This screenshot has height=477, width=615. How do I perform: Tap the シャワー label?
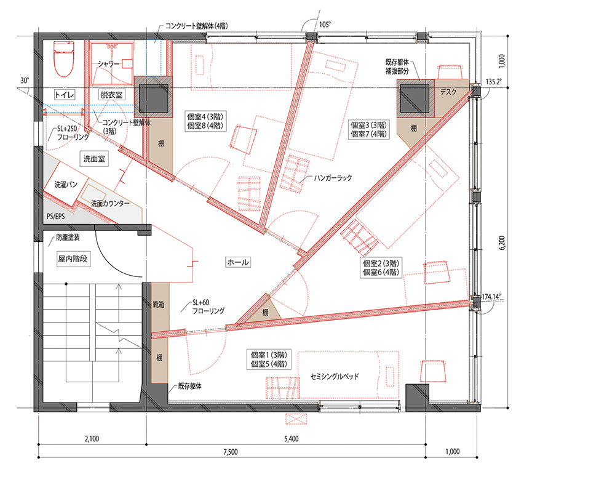coord(108,63)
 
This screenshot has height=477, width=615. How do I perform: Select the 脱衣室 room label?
coord(111,95)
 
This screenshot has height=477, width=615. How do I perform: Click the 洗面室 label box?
coord(94,159)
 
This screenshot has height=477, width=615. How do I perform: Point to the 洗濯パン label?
coord(66,184)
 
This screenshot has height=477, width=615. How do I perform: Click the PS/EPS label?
coord(56,216)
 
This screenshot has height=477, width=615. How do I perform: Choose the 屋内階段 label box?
coord(73,259)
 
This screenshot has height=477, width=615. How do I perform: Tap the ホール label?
coord(238,262)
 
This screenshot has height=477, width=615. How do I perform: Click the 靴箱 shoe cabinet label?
coord(159,304)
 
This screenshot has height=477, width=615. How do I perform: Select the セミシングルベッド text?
coord(335,377)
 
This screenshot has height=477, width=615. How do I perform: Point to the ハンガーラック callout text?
coord(333,178)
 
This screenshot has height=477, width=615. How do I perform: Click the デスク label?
coord(448,92)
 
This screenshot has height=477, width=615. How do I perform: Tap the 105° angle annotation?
coord(325,25)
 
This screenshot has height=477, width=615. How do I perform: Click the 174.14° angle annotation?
coord(491,297)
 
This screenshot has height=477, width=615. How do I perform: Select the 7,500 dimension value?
coord(231,452)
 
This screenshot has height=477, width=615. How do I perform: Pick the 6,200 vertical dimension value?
coord(502,243)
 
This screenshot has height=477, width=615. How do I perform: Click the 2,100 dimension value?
coord(92,439)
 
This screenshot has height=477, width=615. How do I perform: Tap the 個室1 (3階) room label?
coord(269,355)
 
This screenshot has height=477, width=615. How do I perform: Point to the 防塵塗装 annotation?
coord(68,238)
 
